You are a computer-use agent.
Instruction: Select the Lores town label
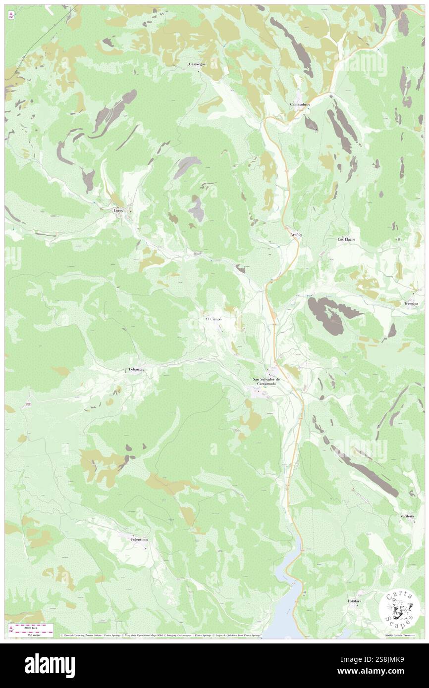point(118,210)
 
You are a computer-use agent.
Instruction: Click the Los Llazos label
point(347,239)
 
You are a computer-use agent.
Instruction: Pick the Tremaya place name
point(409,303)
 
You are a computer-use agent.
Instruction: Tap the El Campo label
point(214,319)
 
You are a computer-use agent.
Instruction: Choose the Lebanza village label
point(136,370)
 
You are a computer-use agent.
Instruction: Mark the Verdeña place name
point(408,516)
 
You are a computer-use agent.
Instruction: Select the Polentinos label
point(140,539)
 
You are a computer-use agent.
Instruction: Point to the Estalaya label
point(354,601)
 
